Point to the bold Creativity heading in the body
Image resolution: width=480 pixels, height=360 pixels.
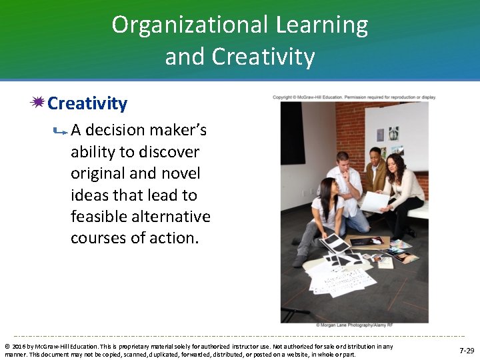tap(87, 103)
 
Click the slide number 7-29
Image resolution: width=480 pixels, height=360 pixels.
tap(467, 350)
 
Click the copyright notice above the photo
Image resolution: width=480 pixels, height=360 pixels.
tap(354, 97)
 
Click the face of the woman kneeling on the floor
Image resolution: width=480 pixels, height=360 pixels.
tap(327, 189)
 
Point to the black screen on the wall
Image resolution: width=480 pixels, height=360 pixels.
tap(293, 133)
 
